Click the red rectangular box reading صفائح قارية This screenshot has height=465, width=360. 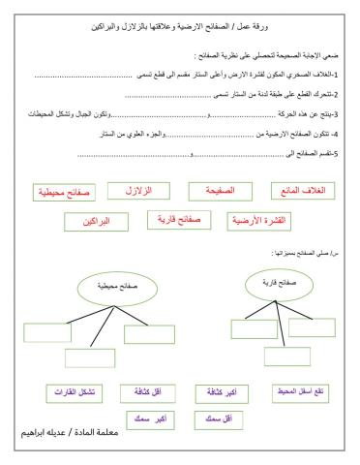point(176,220)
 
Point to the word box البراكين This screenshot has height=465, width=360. point(97,222)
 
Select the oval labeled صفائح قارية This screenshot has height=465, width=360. point(270,283)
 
